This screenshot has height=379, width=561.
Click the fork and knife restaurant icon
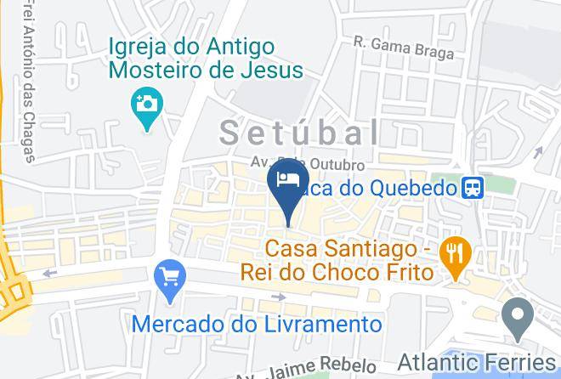(457, 256)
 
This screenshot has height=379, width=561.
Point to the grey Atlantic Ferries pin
(516, 320)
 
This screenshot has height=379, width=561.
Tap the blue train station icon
(473, 188)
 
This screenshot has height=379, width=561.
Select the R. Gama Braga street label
(403, 47)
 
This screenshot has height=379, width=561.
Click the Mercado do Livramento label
(257, 324)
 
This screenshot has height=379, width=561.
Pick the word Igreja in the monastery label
(138, 45)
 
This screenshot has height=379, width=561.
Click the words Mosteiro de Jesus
(206, 70)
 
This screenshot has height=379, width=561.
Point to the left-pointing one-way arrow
(49, 273)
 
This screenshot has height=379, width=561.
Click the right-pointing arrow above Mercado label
(280, 297)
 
